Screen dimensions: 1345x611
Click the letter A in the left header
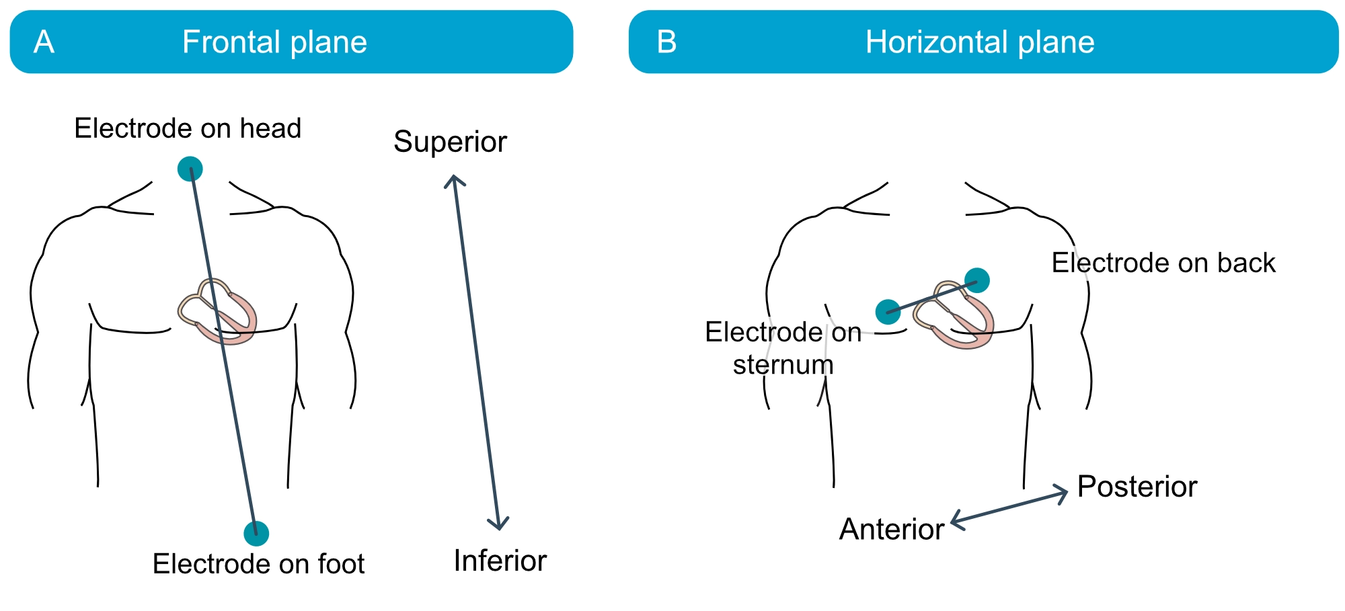(44, 42)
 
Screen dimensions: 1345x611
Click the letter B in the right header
(666, 42)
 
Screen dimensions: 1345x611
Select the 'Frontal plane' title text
(274, 42)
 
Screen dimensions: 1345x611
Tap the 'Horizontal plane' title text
(980, 42)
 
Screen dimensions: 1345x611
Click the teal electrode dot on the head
(190, 169)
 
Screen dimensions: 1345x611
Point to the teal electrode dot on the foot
(256, 533)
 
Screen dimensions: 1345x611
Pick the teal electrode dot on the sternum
(888, 312)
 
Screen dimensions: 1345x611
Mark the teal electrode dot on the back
(977, 280)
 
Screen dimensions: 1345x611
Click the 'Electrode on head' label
(188, 128)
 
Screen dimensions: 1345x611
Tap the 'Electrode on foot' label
(258, 564)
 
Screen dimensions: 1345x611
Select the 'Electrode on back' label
(1163, 263)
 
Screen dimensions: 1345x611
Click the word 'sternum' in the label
(783, 366)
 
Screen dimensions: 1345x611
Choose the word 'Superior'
(450, 142)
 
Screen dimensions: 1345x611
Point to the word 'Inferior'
(500, 561)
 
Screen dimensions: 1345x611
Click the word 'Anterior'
(892, 530)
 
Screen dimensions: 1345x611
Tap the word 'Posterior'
(1137, 487)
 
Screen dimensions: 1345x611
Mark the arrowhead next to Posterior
(1061, 494)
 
